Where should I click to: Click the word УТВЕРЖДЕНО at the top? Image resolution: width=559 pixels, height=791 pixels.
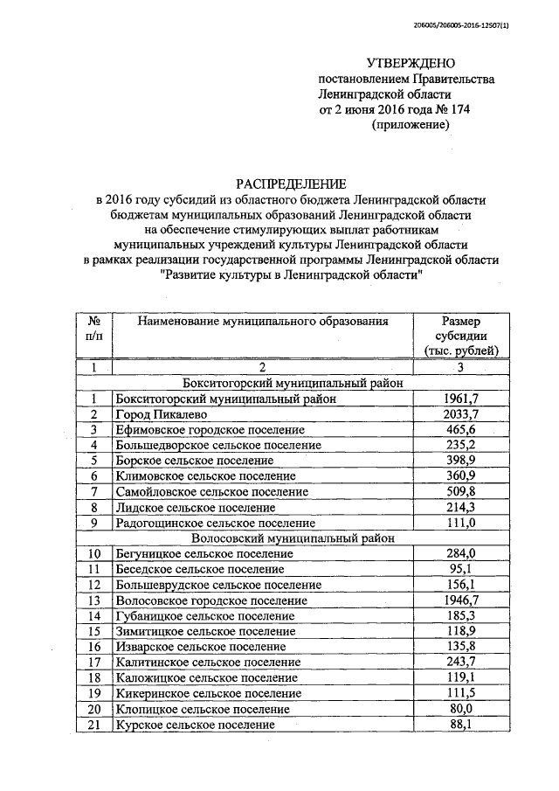click(x=411, y=63)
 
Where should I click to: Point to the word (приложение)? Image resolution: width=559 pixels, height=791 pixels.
click(x=411, y=126)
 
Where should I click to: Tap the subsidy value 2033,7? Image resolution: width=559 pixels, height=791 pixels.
click(x=460, y=414)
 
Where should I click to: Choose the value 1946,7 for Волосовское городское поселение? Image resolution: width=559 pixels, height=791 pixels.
click(x=460, y=601)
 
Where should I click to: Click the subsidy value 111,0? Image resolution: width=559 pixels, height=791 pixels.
click(x=460, y=523)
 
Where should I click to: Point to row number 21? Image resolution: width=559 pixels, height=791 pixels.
click(x=95, y=725)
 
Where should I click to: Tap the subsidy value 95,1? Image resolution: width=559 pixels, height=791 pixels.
click(x=460, y=570)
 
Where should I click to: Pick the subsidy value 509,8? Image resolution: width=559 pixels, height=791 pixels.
click(x=460, y=492)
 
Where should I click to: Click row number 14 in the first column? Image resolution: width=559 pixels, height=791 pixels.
click(x=95, y=617)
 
